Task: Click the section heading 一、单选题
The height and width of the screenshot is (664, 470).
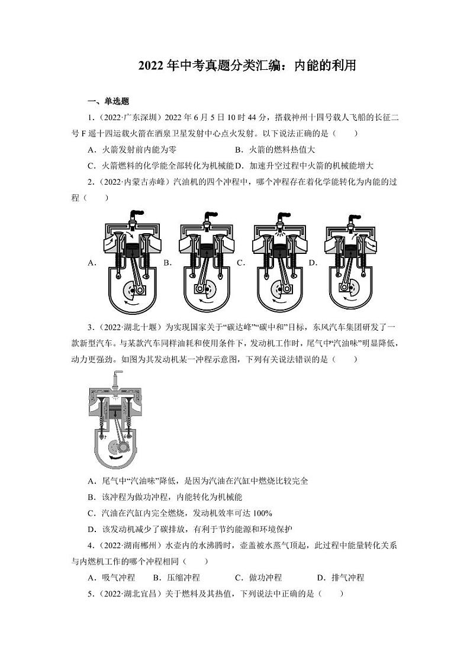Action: (x=108, y=101)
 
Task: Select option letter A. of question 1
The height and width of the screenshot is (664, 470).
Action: (x=92, y=150)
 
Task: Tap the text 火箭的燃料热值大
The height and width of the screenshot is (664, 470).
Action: (x=282, y=150)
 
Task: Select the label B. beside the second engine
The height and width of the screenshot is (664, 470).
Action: (x=168, y=263)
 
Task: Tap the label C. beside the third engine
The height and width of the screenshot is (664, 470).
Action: (x=240, y=263)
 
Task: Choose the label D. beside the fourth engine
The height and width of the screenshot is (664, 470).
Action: (x=313, y=263)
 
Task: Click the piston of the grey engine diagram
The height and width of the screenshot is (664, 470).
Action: (x=114, y=412)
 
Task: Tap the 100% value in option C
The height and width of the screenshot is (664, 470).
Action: (x=262, y=513)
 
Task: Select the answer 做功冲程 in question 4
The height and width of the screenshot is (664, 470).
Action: (x=266, y=578)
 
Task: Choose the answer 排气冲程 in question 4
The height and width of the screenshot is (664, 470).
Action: (x=347, y=578)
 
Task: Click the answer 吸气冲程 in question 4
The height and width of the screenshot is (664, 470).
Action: (x=118, y=578)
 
